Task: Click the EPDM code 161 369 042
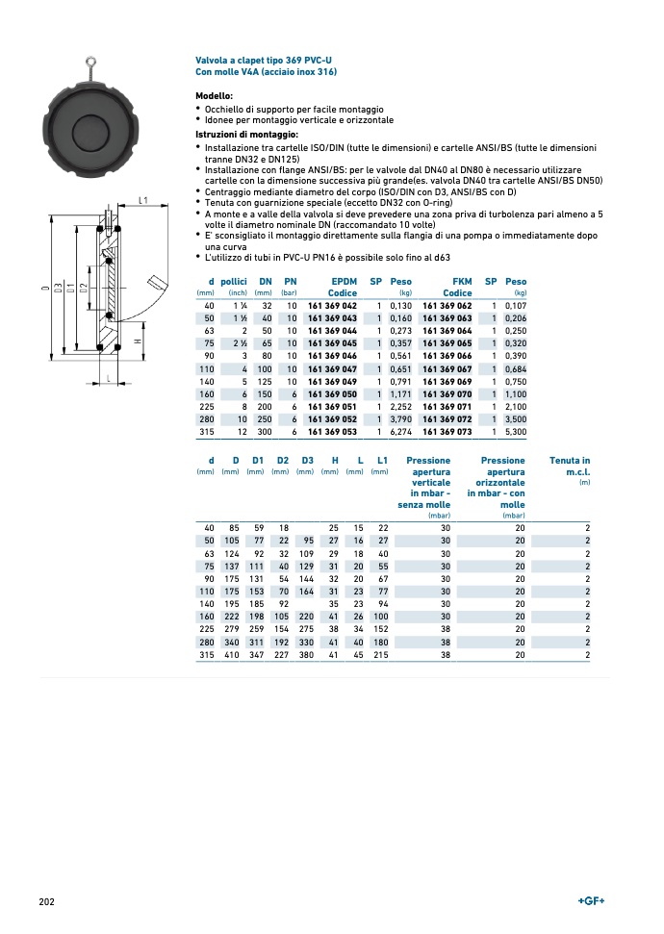click(x=332, y=305)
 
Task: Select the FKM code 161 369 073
click(x=447, y=433)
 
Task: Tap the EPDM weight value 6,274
click(x=399, y=433)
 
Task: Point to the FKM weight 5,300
click(x=516, y=433)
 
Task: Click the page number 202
click(x=46, y=901)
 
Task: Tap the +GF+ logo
click(x=591, y=900)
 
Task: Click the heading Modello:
click(x=214, y=96)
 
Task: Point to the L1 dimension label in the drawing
click(x=141, y=200)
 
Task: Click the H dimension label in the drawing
click(x=138, y=342)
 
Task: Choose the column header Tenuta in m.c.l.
click(x=571, y=467)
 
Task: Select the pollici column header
click(x=234, y=281)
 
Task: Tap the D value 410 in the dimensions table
click(x=231, y=655)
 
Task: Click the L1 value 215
click(x=380, y=655)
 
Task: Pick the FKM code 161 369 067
click(x=447, y=369)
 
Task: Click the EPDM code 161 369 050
click(x=332, y=394)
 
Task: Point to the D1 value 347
click(x=257, y=655)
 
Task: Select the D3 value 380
click(x=306, y=655)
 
